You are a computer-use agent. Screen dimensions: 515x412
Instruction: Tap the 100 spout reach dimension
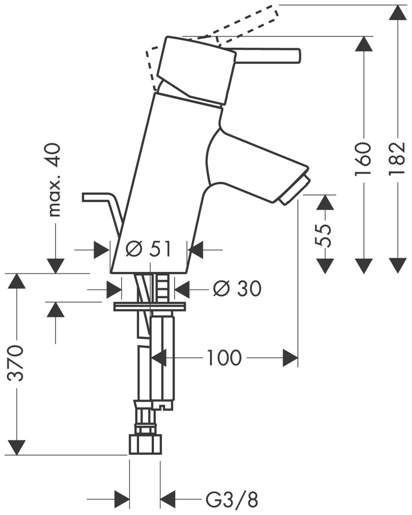[224, 357]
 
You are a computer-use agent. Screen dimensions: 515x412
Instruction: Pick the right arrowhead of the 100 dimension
[290, 357]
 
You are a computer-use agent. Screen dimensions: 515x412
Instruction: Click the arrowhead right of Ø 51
[196, 250]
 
